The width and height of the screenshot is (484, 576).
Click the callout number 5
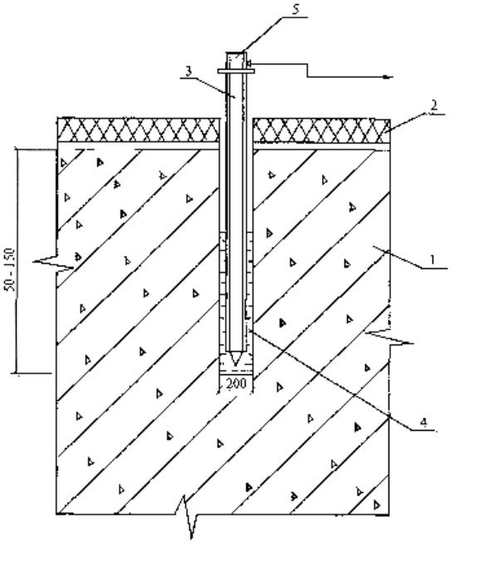(x=296, y=10)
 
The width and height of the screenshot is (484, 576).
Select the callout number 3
(x=188, y=71)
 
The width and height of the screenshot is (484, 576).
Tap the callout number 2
(x=434, y=105)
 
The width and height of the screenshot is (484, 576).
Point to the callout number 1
(x=433, y=260)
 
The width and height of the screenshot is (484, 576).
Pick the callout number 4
(x=423, y=422)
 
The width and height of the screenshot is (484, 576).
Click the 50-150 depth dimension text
(x=11, y=270)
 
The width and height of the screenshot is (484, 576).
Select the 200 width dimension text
(x=236, y=384)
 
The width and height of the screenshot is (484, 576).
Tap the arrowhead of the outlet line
(x=388, y=77)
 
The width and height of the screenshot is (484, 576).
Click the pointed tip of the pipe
(x=235, y=365)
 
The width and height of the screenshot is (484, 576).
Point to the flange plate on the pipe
(x=236, y=71)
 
